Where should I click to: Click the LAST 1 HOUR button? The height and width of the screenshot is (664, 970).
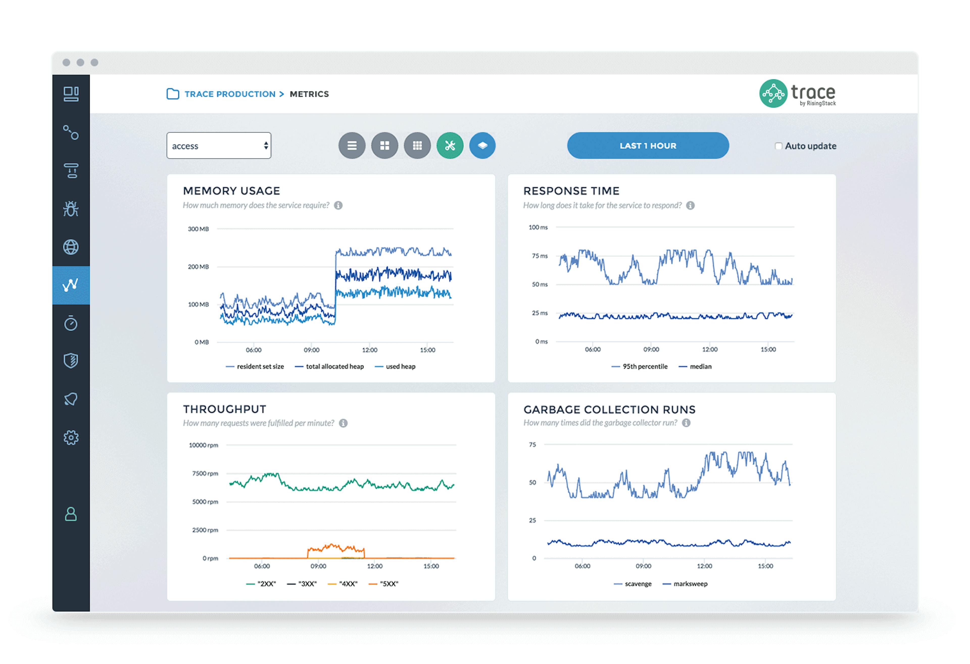point(648,146)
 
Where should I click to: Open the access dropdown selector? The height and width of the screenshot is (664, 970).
point(219,146)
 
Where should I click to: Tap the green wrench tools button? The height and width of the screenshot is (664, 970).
point(450,146)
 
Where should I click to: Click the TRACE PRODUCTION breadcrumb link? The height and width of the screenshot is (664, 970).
point(230,94)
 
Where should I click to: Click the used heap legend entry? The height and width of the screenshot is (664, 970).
point(400,367)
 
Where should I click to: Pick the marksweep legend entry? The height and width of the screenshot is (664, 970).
point(690,584)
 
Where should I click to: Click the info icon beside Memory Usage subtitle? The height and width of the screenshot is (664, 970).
point(338,205)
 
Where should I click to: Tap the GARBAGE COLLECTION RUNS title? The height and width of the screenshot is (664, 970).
point(609,410)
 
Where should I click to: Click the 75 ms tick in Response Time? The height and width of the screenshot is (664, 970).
point(540,256)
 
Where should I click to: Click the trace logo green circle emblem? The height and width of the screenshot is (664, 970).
point(773,94)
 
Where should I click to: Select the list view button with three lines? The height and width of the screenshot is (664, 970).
point(352,146)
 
